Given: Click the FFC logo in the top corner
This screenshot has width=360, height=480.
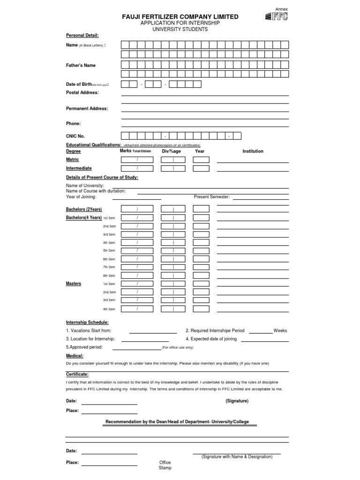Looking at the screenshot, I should pyautogui.click(x=276, y=17).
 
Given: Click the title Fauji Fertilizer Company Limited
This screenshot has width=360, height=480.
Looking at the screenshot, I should pyautogui.click(x=180, y=17).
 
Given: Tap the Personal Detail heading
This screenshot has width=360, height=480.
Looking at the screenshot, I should pyautogui.click(x=82, y=35).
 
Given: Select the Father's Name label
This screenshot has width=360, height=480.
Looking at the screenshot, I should pyautogui.click(x=81, y=66).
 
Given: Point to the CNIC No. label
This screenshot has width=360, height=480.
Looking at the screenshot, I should pyautogui.click(x=75, y=136).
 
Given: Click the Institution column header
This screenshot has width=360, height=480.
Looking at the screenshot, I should pyautogui.click(x=253, y=151).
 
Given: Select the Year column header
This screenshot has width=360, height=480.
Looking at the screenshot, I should pyautogui.click(x=200, y=151).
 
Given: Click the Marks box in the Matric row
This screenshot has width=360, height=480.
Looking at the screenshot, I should pyautogui.click(x=137, y=160).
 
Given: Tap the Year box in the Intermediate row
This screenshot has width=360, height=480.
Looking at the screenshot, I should pyautogui.click(x=201, y=168).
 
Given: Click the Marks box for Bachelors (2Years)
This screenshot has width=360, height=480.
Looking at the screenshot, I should pyautogui.click(x=137, y=209).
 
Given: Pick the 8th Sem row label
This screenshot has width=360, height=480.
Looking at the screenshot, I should pyautogui.click(x=109, y=276).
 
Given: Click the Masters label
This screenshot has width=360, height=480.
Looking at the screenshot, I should pyautogui.click(x=74, y=284).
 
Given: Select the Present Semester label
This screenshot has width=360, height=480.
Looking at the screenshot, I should pyautogui.click(x=212, y=197).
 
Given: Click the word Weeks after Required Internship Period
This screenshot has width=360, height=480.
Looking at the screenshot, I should pyautogui.click(x=280, y=330).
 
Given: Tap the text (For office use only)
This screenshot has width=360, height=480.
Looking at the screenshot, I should pyautogui.click(x=177, y=348).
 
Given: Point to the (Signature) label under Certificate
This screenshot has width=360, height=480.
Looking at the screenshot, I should pyautogui.click(x=237, y=401).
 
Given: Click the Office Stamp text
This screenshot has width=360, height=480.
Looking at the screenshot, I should pyautogui.click(x=165, y=465).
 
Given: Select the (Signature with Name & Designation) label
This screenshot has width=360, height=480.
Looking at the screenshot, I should pyautogui.click(x=237, y=457).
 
